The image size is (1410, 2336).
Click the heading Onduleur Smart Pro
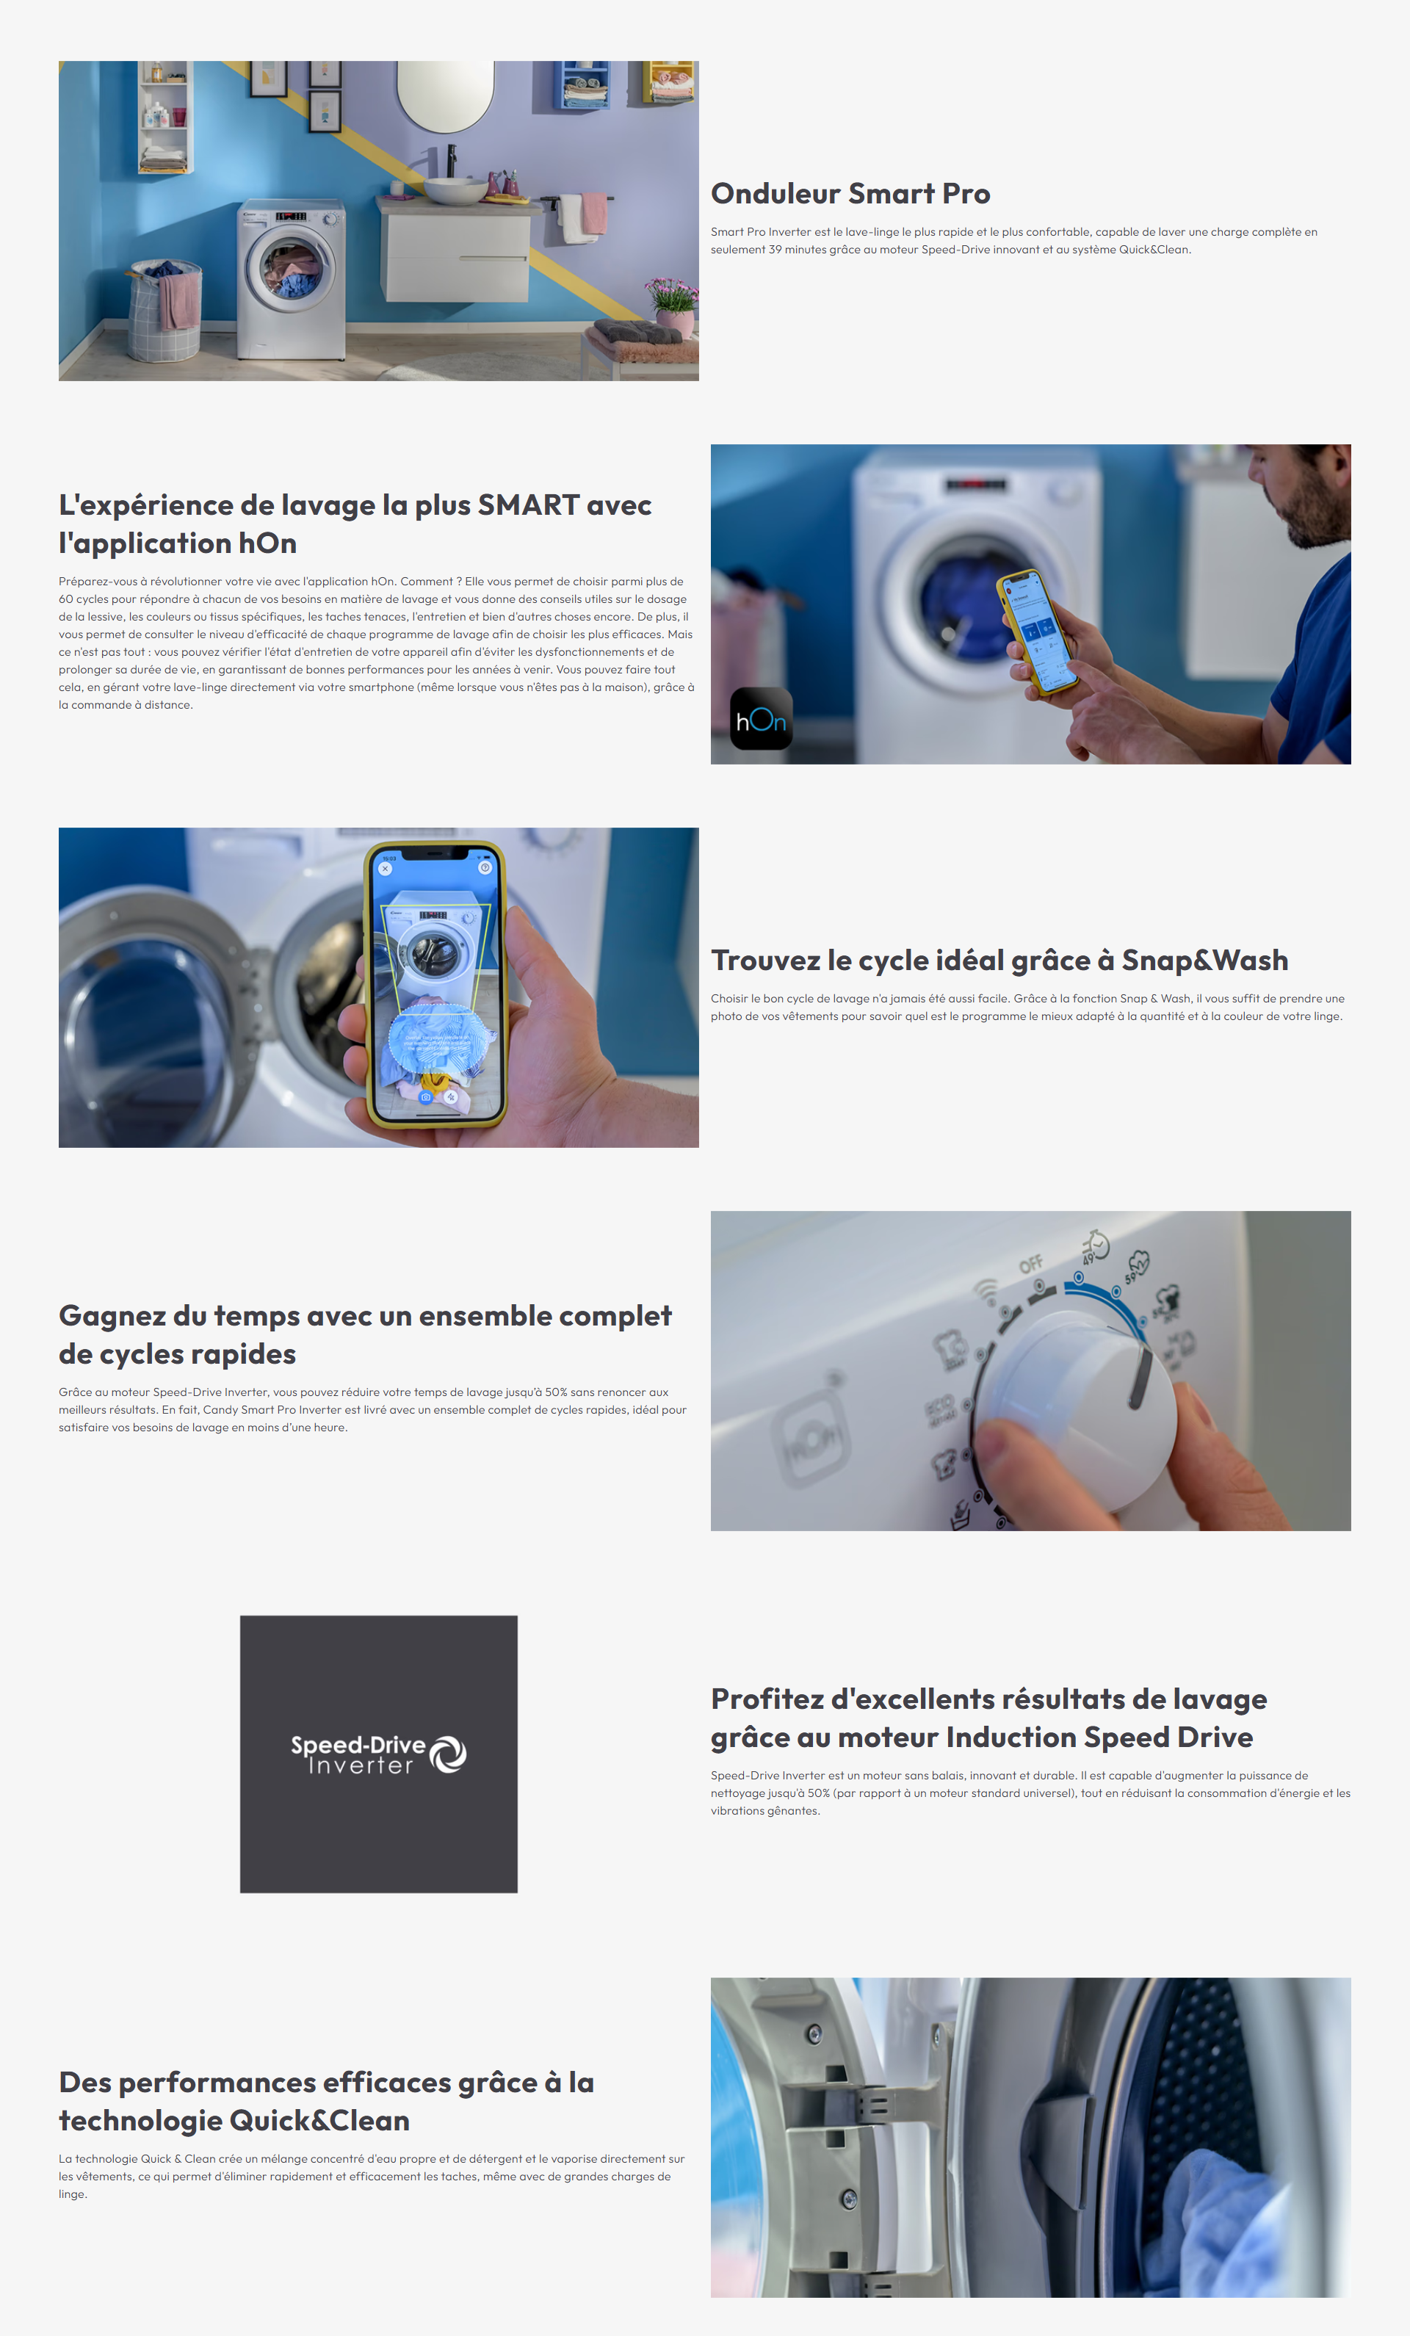(850, 193)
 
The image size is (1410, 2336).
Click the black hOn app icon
(762, 719)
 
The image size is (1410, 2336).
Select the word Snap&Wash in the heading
(1204, 961)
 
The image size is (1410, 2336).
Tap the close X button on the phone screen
(385, 869)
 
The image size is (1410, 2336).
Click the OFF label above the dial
(1032, 1264)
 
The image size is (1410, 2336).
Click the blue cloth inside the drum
(1223, 2228)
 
